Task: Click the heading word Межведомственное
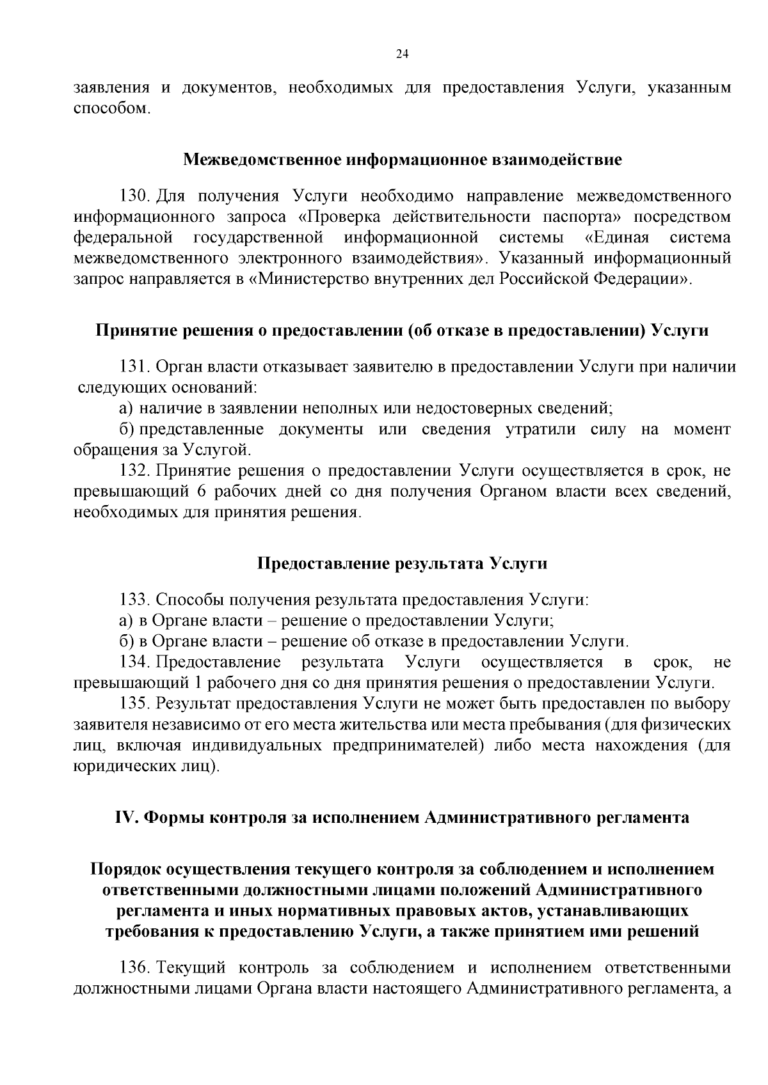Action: click(262, 159)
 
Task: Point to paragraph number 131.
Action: click(134, 367)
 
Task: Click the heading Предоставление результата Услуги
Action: click(402, 563)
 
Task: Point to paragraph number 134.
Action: click(134, 662)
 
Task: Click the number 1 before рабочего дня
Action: click(197, 683)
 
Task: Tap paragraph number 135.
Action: click(134, 704)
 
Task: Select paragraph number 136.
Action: click(134, 967)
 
